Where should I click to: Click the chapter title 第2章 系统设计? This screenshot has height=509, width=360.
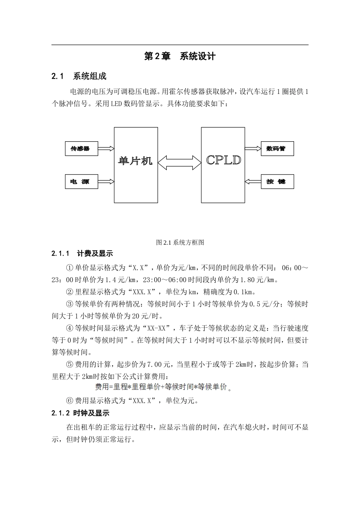pyautogui.click(x=180, y=56)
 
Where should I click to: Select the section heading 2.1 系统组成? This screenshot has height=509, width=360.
pyautogui.click(x=79, y=76)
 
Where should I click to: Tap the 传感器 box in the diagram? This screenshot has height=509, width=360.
pyautogui.click(x=81, y=148)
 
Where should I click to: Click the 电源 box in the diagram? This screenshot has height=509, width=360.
pyautogui.click(x=81, y=181)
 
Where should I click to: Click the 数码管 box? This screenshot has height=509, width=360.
pyautogui.click(x=277, y=148)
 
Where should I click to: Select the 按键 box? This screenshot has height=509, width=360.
pyautogui.click(x=277, y=181)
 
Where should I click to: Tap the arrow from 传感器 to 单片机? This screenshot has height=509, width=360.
pyautogui.click(x=106, y=148)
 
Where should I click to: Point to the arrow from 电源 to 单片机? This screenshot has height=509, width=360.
pyautogui.click(x=106, y=181)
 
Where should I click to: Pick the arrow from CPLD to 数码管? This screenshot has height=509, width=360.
pyautogui.click(x=253, y=148)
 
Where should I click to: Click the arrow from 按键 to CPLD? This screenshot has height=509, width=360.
pyautogui.click(x=253, y=181)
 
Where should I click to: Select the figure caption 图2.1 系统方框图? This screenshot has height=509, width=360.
pyautogui.click(x=180, y=242)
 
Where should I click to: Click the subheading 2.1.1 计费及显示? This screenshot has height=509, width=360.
pyautogui.click(x=82, y=253)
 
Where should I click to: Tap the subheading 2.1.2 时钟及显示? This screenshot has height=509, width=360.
pyautogui.click(x=80, y=413)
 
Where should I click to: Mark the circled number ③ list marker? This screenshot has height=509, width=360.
pyautogui.click(x=69, y=304)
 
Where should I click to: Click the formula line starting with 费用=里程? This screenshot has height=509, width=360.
pyautogui.click(x=161, y=387)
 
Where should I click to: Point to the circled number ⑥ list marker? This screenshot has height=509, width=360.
pyautogui.click(x=69, y=401)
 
